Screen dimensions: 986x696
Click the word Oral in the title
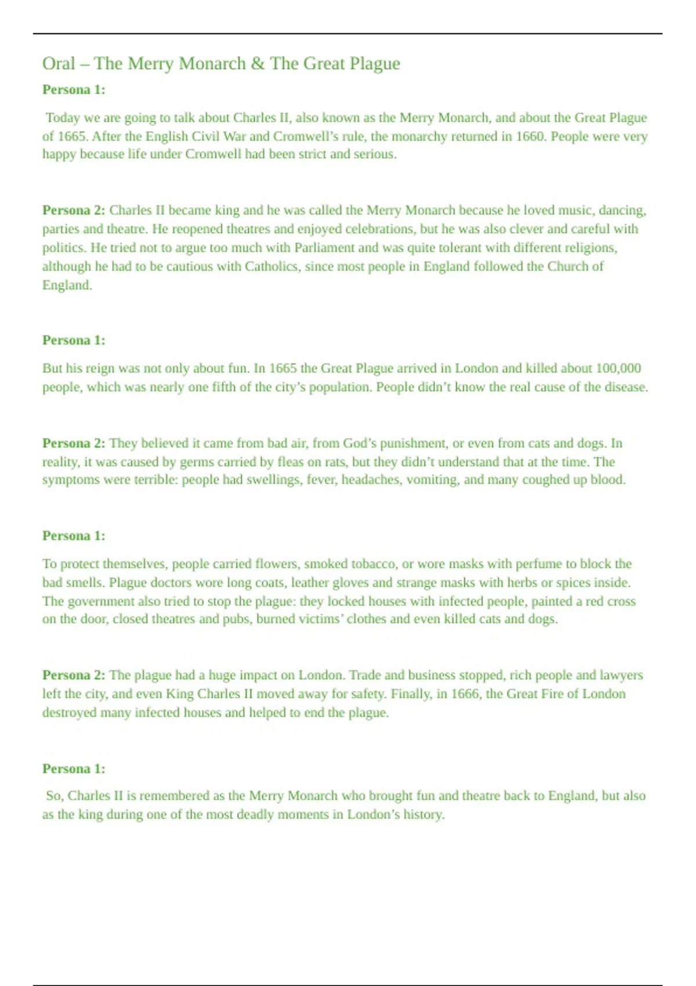tap(59, 63)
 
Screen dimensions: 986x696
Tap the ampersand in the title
tap(258, 63)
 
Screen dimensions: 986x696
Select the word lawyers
tap(621, 675)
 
